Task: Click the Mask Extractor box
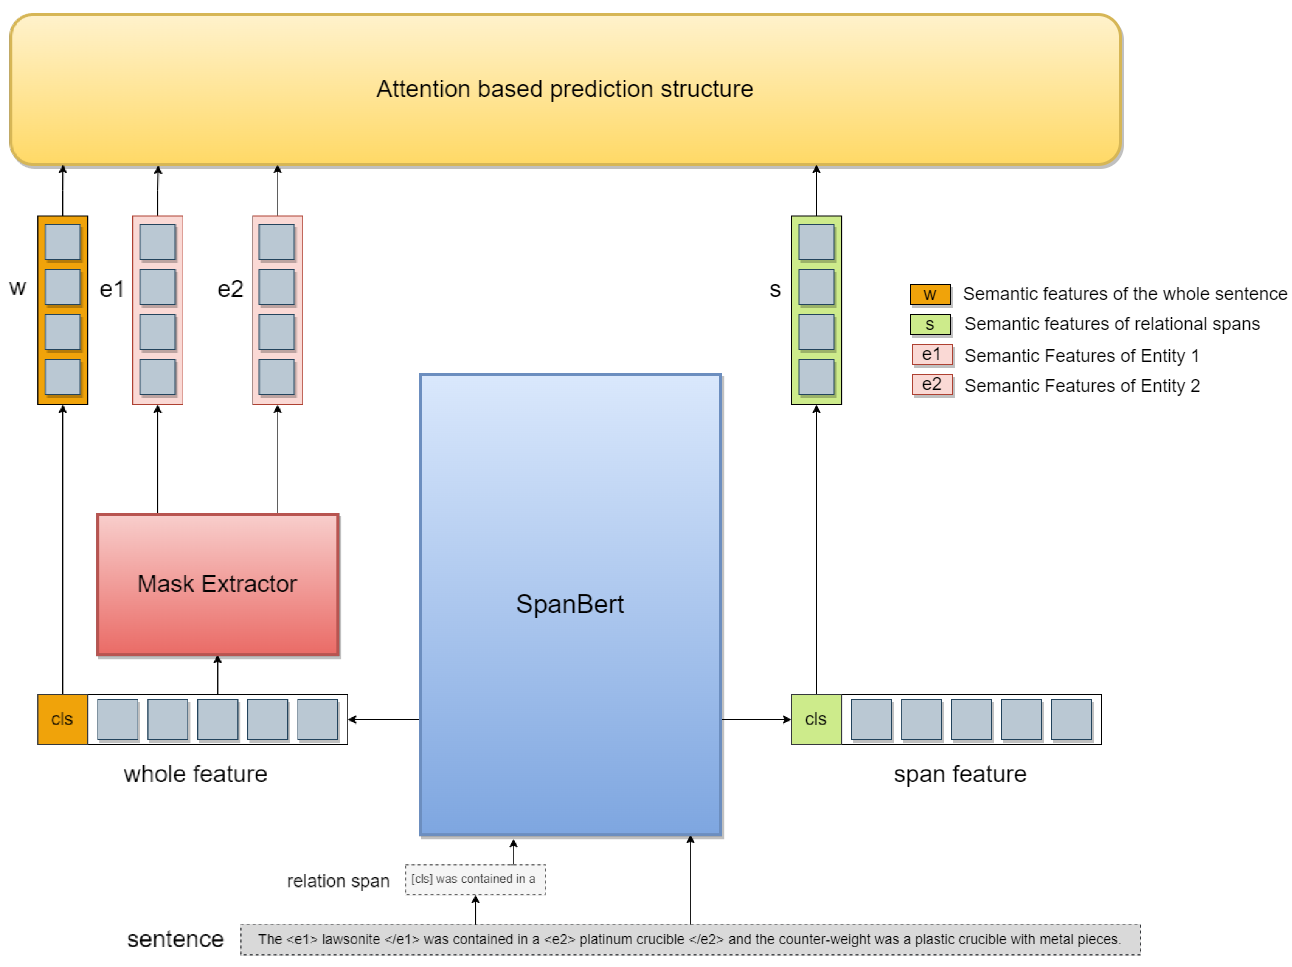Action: click(x=217, y=584)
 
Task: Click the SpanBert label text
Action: click(x=570, y=604)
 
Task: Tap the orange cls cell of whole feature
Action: click(x=62, y=719)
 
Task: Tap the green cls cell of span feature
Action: click(x=815, y=719)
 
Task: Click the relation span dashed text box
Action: click(x=475, y=880)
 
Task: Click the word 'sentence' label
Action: click(x=175, y=939)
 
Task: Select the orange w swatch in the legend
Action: click(x=930, y=294)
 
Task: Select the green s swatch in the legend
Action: click(x=930, y=324)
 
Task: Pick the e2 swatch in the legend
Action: click(x=932, y=384)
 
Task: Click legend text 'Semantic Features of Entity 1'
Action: click(x=1081, y=355)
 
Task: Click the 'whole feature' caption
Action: click(x=195, y=774)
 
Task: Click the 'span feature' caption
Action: click(x=960, y=774)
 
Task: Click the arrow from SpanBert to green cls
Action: click(x=756, y=719)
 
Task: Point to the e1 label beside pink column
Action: click(x=112, y=289)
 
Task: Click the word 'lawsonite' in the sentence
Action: click(x=351, y=939)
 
